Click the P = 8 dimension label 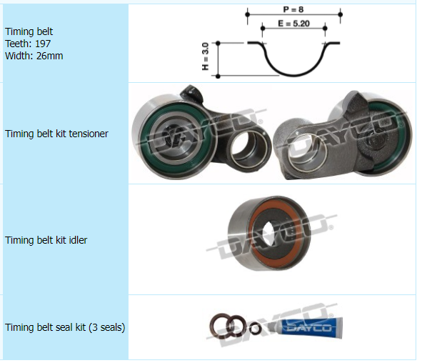(x=293, y=10)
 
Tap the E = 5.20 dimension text (x=294, y=24)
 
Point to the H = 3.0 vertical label (x=206, y=56)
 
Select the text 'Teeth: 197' (x=28, y=44)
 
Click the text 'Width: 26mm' (x=34, y=56)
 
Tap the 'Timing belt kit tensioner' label (x=56, y=134)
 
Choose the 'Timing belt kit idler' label (x=46, y=240)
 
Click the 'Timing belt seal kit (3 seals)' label (x=65, y=327)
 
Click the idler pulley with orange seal (x=269, y=233)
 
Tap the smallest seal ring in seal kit (x=255, y=329)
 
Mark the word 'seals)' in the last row (x=113, y=328)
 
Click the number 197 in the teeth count (x=43, y=44)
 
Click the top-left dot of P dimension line (x=248, y=14)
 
